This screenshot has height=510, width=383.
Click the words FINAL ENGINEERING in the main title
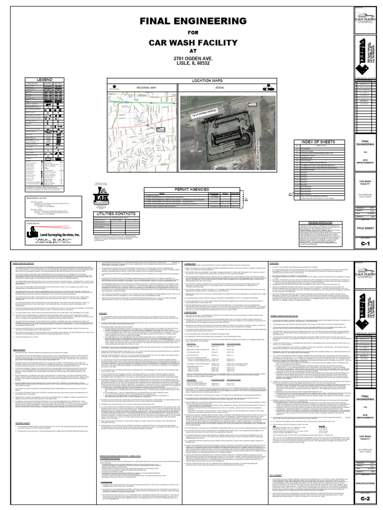(190, 21)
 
